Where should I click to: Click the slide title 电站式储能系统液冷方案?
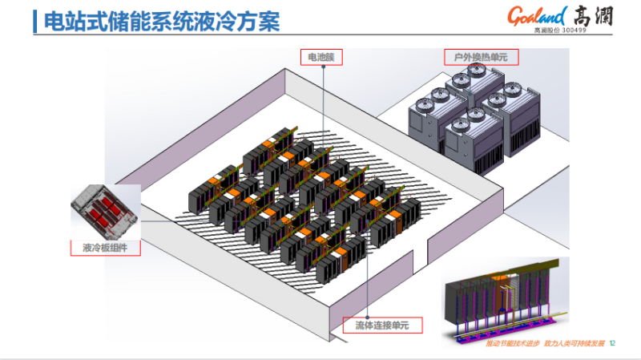tap(160, 21)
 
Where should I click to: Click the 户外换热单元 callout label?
tap(481, 57)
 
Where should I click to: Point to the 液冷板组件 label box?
tap(106, 248)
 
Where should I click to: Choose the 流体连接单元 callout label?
tap(382, 325)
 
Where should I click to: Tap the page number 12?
tap(613, 343)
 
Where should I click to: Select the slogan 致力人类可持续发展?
tap(574, 343)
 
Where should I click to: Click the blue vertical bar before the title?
tap(34, 21)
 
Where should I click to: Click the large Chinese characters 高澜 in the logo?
tap(593, 14)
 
